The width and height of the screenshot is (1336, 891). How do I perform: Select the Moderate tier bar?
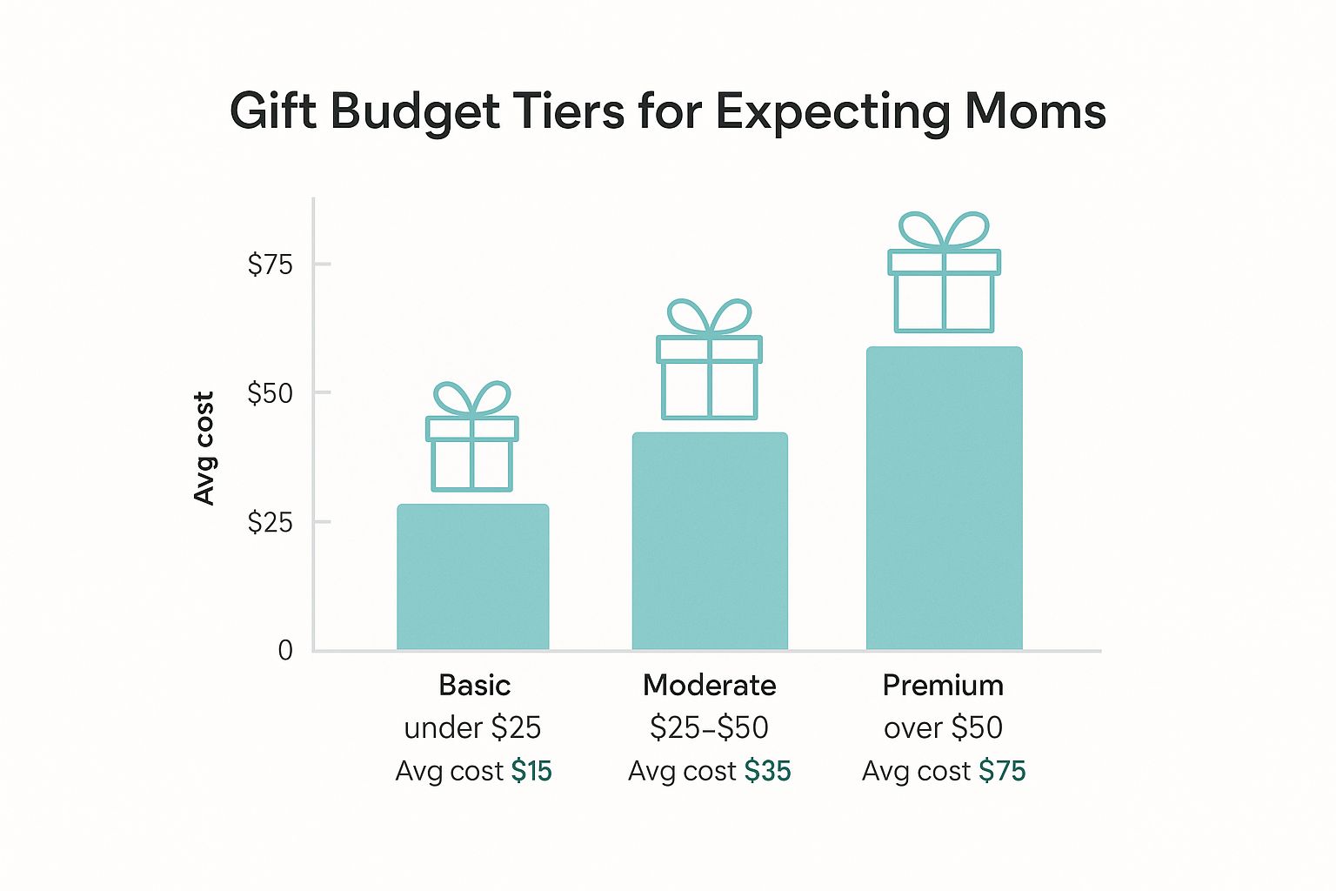[x=710, y=541]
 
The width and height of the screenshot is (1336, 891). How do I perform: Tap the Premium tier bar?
[x=944, y=499]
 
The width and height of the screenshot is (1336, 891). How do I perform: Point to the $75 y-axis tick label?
[x=271, y=264]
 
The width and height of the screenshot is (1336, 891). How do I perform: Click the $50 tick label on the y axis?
[x=271, y=393]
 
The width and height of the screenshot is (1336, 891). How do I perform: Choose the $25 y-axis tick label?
[x=271, y=522]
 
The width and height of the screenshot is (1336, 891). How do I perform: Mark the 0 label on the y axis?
[x=285, y=650]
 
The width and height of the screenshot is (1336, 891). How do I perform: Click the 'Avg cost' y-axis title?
[x=204, y=448]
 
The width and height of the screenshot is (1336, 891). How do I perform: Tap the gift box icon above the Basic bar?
[x=472, y=437]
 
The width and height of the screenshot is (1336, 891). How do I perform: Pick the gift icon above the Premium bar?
[x=944, y=272]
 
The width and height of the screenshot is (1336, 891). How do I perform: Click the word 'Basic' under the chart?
[x=474, y=686]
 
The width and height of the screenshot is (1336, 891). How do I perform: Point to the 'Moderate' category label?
[x=709, y=686]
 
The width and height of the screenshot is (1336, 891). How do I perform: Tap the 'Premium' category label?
[x=943, y=686]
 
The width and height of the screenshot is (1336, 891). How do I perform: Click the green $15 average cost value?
[x=531, y=771]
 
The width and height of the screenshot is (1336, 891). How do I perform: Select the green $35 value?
[x=768, y=771]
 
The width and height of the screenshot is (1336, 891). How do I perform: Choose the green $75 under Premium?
[x=1002, y=771]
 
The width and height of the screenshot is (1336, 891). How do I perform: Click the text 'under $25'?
[x=472, y=727]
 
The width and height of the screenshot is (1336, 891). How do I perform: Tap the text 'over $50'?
[x=943, y=727]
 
